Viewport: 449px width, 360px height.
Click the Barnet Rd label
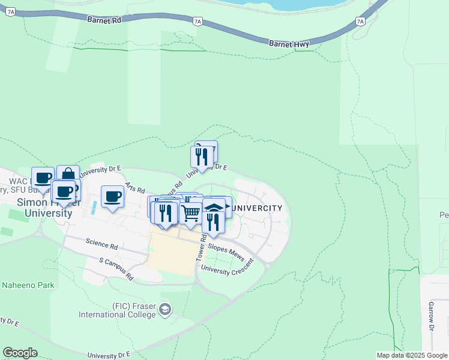pos(104,20)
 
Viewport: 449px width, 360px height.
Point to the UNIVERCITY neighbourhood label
pos(256,208)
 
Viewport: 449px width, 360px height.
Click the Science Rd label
pos(101,245)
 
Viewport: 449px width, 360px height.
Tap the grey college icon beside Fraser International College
pos(164,310)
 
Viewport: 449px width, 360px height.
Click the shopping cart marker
pos(191,214)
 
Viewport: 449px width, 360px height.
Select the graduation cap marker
pos(214,207)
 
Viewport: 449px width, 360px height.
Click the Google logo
pos(20,353)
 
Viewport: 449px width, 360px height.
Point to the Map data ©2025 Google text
pos(411,355)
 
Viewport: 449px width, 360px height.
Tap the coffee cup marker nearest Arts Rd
pos(112,196)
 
